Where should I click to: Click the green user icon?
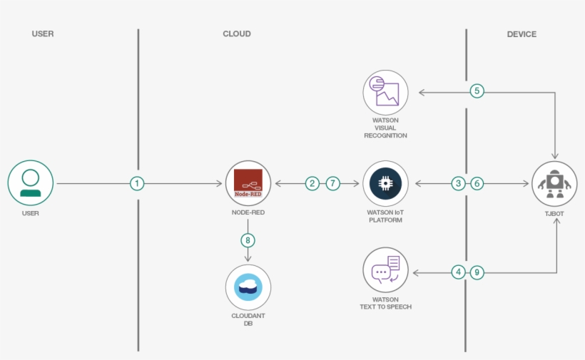(31, 183)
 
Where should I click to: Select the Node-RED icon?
(248, 183)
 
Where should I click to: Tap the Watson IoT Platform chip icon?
(385, 183)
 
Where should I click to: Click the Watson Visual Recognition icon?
(385, 92)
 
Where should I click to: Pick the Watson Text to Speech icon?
(385, 272)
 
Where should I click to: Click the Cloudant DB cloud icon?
(248, 287)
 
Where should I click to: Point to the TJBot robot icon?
(556, 183)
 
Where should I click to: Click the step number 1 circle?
(138, 183)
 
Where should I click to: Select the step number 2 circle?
(312, 183)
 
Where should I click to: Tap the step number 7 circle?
(333, 183)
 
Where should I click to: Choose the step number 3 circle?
(458, 183)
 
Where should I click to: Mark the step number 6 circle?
(477, 183)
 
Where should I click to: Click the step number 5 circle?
(477, 91)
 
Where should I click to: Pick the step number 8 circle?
(248, 240)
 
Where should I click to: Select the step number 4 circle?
(458, 272)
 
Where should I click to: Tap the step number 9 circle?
(477, 272)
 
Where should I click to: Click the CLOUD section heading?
(237, 34)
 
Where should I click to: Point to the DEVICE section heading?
(522, 34)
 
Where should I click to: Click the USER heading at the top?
(43, 34)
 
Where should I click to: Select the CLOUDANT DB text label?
(248, 319)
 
